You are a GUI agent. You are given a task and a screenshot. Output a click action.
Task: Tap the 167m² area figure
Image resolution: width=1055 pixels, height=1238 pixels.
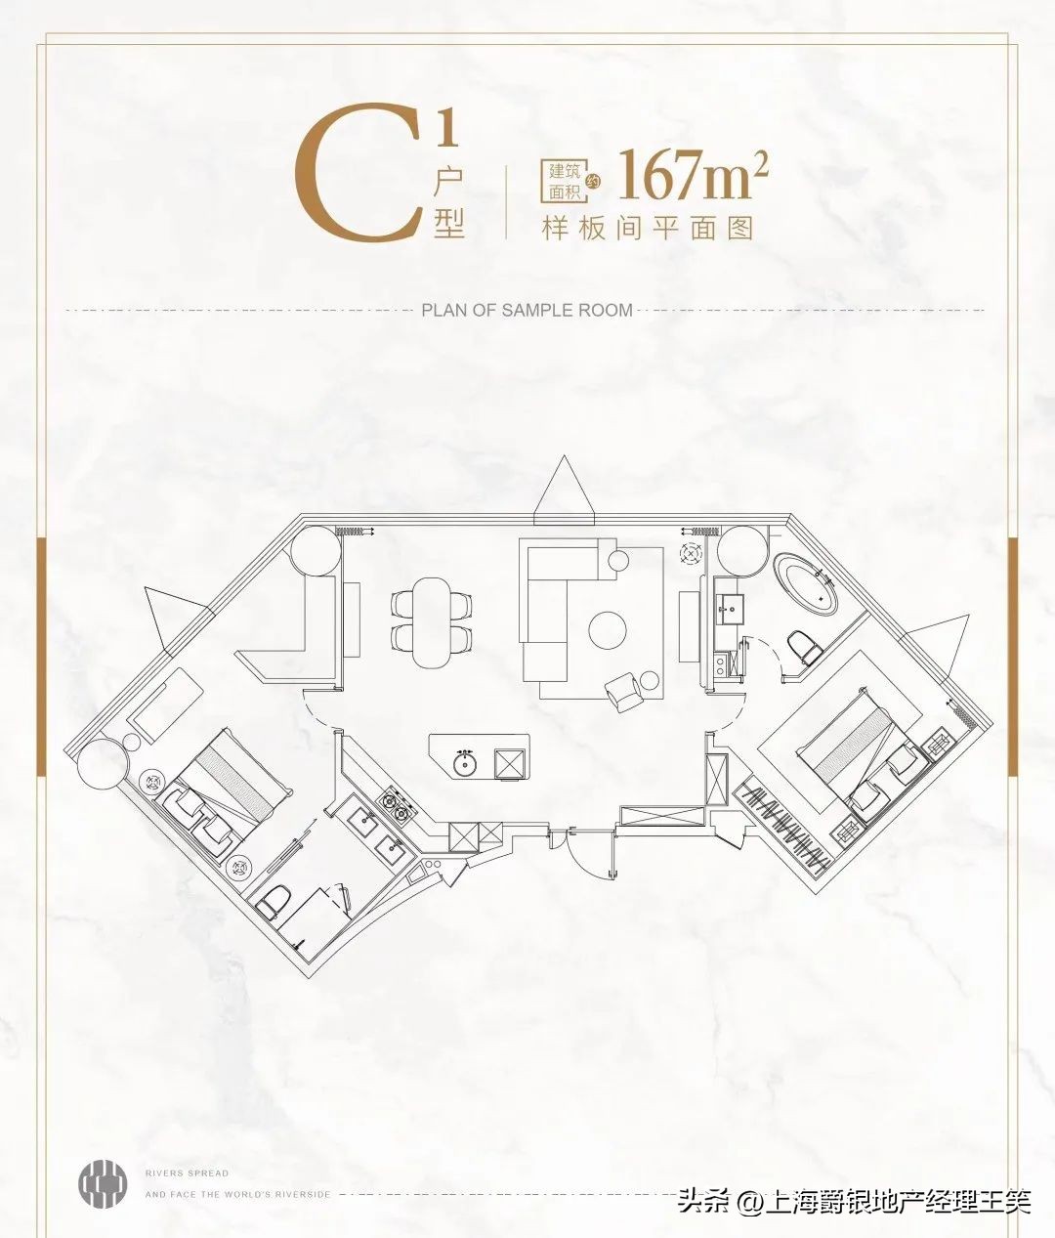(693, 174)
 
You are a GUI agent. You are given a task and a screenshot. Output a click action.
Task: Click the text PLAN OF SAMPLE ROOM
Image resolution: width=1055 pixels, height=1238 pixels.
(527, 311)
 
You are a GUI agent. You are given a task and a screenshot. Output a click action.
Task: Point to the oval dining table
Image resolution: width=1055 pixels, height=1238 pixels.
(431, 622)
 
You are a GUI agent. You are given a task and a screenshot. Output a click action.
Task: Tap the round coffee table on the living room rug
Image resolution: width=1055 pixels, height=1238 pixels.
(608, 629)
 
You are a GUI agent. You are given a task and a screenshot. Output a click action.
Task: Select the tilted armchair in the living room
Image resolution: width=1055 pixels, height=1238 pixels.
(623, 691)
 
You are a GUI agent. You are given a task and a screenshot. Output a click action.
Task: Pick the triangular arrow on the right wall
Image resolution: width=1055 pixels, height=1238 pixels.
(935, 646)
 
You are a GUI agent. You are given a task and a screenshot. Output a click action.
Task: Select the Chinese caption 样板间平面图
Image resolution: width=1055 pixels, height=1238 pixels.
(648, 229)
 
